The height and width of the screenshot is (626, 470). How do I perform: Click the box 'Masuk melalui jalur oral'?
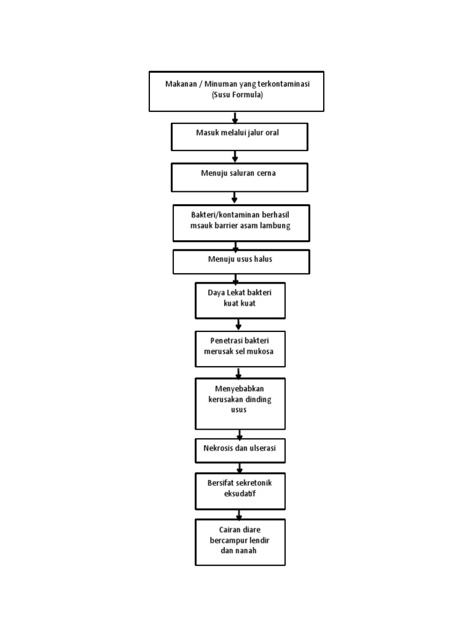239,137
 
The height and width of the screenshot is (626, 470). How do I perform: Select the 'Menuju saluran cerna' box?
239,177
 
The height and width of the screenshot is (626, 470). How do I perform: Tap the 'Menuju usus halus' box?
241,262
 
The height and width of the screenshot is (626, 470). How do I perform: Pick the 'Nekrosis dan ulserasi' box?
240,451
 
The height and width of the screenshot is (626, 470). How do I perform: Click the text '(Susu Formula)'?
237,95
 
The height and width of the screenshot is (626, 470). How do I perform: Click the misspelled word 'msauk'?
201,226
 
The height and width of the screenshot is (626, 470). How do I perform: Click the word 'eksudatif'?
240,494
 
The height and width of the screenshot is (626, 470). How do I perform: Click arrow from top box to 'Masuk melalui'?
235,117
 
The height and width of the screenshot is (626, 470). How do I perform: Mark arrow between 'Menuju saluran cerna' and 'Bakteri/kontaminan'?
235,198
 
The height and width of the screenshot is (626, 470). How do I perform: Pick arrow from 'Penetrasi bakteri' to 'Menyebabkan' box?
239,372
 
